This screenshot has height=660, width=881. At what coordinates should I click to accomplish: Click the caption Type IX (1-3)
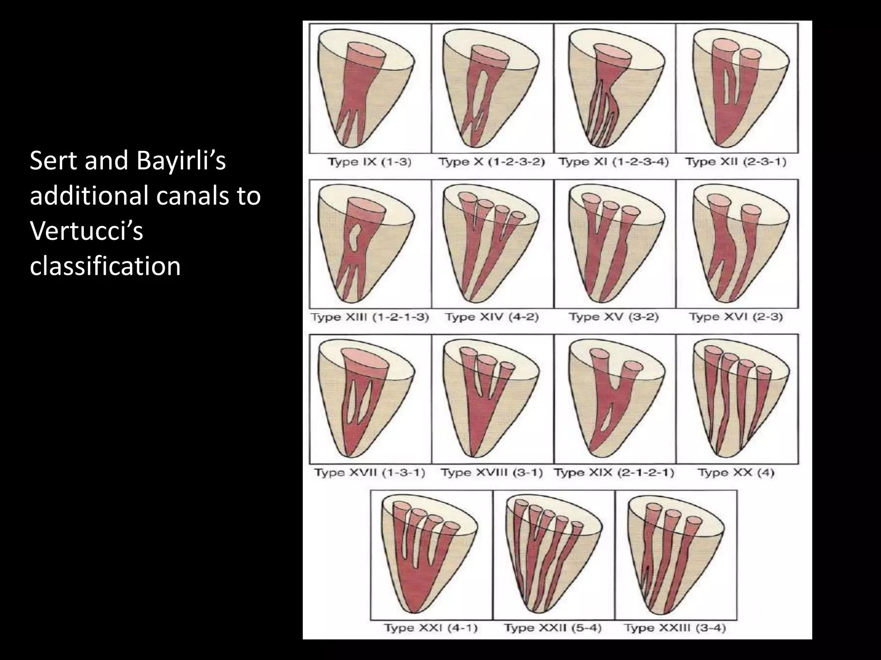pos(370,162)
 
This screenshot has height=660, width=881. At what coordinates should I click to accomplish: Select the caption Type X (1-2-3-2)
pos(492,162)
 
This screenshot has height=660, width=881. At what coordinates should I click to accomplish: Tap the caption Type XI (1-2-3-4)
pos(614,162)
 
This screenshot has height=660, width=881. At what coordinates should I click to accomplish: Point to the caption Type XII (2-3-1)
pos(736,162)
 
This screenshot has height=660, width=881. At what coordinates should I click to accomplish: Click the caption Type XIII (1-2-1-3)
pos(370,318)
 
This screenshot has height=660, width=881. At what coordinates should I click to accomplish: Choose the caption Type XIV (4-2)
pos(492,318)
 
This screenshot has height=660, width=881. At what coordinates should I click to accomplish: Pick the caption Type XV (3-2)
pos(614,318)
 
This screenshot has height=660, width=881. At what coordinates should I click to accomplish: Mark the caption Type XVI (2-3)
pos(736,318)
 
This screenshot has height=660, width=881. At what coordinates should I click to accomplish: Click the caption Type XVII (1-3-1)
pos(370,473)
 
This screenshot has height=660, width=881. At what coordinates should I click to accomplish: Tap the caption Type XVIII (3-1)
pos(492,473)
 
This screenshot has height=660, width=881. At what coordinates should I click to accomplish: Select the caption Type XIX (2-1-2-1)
pos(614,473)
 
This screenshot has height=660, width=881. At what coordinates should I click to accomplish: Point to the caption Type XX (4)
pos(736,473)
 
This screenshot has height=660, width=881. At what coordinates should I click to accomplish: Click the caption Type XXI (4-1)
pos(431,628)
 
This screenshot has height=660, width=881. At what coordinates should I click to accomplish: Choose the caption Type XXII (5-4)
pos(553,628)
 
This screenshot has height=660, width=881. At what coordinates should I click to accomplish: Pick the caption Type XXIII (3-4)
pos(675,628)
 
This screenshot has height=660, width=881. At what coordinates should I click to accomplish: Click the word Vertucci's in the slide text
pos(86,231)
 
